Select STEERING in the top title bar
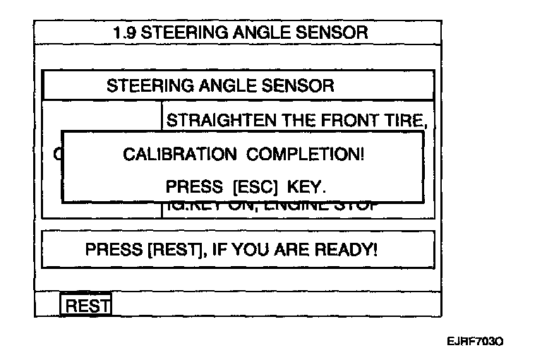pyautogui.click(x=177, y=32)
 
